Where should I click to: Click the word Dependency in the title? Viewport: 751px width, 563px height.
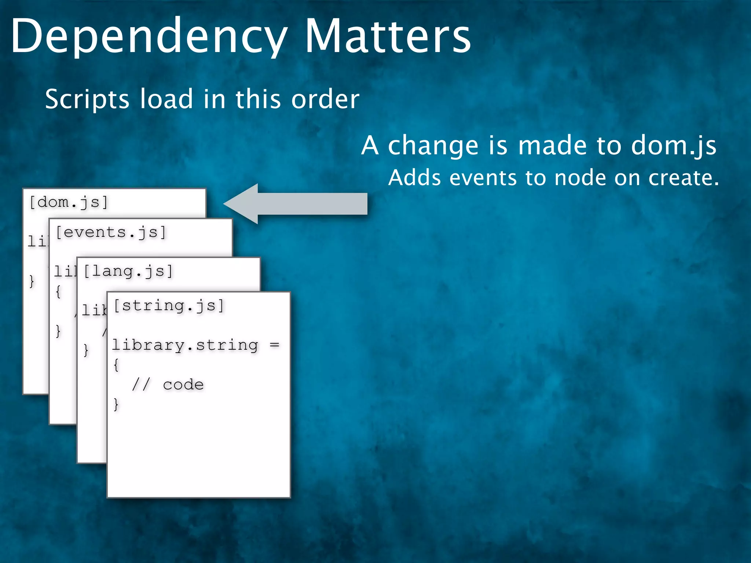[149, 37]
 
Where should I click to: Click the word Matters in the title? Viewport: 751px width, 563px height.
[388, 37]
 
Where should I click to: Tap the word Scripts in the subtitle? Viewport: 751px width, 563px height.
[87, 99]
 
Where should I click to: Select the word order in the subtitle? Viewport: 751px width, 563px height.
[325, 99]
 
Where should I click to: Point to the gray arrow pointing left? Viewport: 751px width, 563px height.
[295, 204]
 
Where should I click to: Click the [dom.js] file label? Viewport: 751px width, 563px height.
[69, 202]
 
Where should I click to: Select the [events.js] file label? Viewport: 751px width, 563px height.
[111, 232]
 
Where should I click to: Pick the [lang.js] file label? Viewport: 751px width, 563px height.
[128, 271]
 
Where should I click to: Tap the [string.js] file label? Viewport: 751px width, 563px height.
[169, 305]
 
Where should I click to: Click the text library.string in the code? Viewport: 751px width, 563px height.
[185, 345]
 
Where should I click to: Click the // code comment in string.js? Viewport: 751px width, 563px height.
[168, 384]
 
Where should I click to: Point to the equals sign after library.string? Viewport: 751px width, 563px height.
[274, 345]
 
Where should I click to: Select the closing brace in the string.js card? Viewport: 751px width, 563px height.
[116, 404]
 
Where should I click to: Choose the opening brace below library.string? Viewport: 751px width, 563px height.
[116, 365]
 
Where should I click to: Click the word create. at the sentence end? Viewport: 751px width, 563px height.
[684, 178]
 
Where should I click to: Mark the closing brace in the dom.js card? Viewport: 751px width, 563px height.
[32, 281]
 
